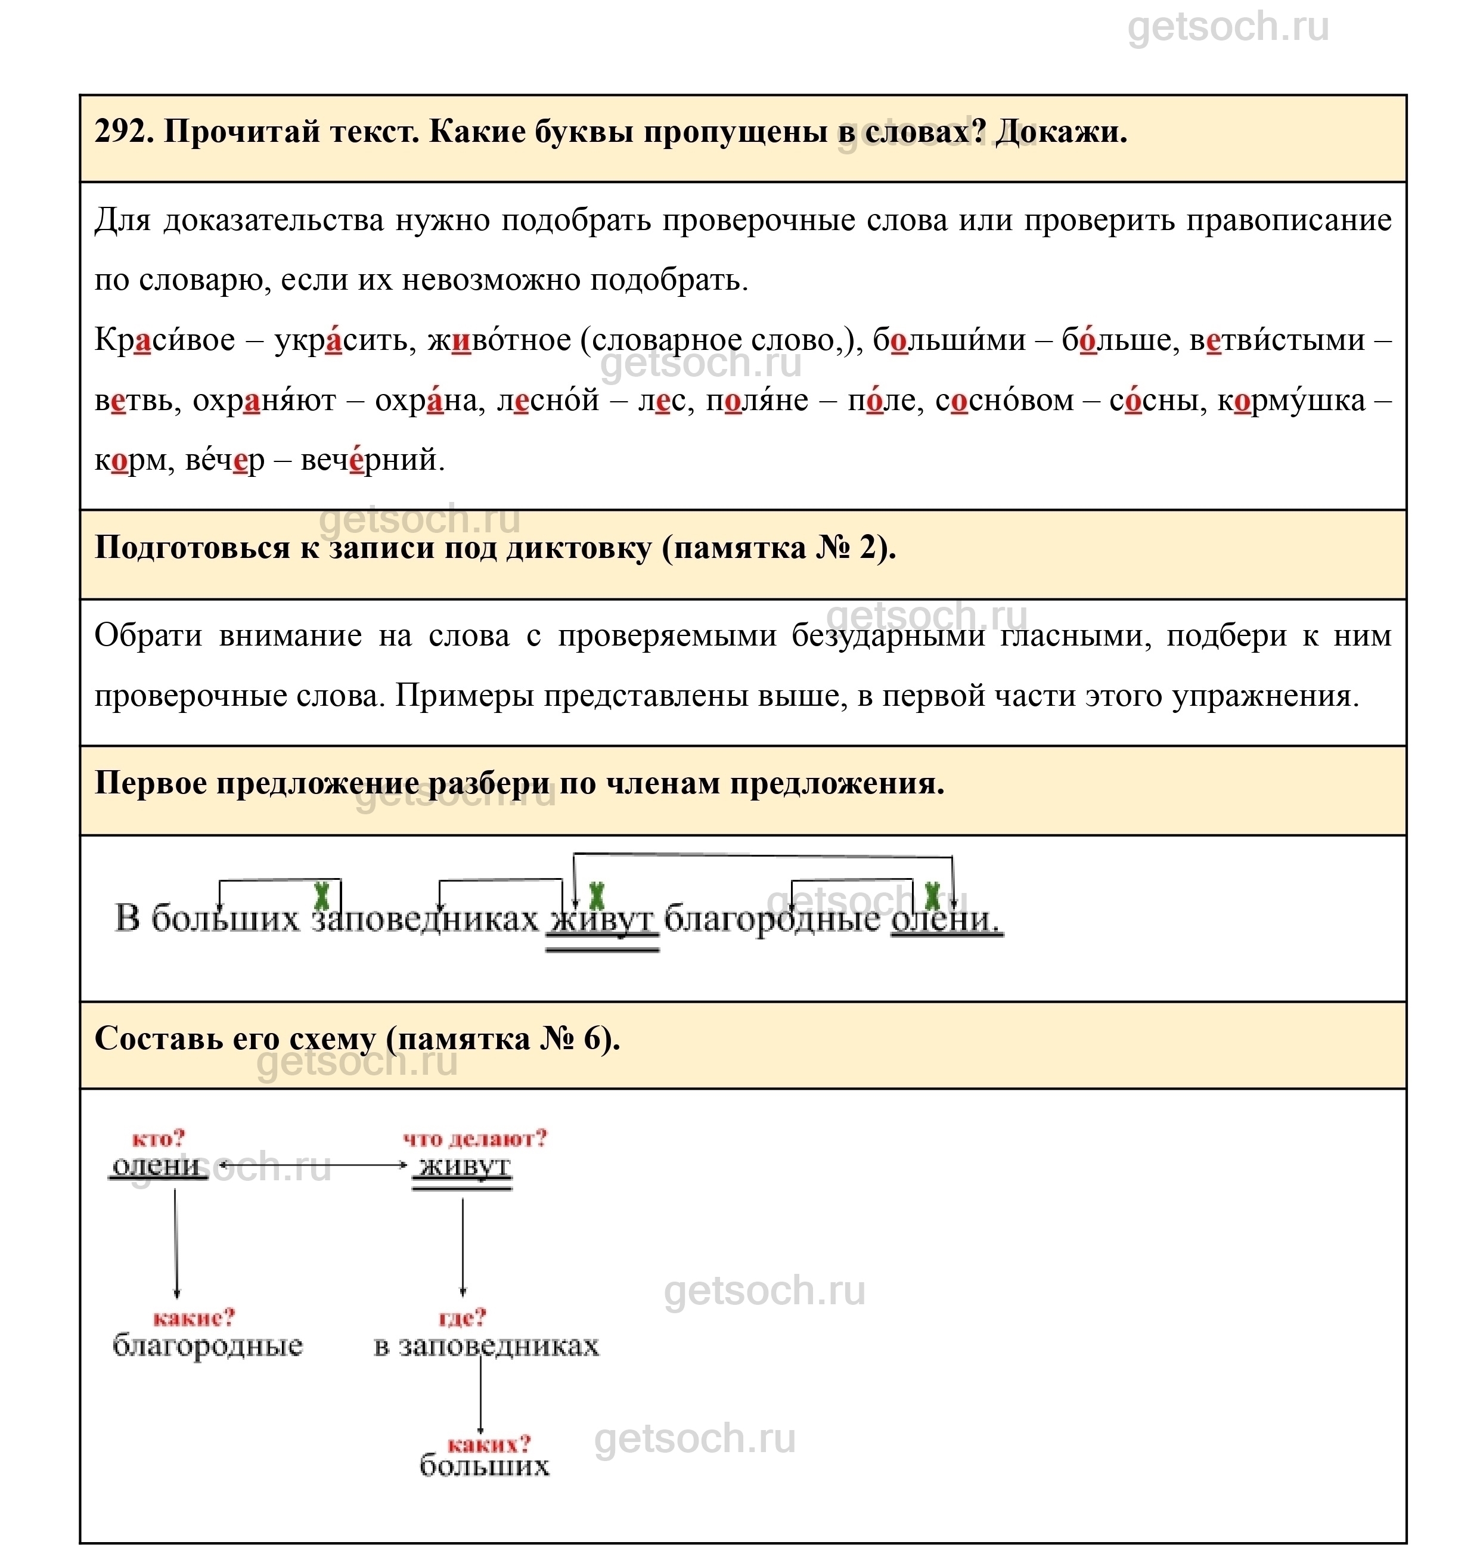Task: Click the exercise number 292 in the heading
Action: coord(122,132)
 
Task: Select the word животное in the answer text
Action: coord(498,340)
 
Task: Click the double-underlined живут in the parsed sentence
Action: coord(602,919)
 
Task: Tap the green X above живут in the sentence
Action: coord(597,897)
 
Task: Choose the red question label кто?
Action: coord(158,1139)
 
